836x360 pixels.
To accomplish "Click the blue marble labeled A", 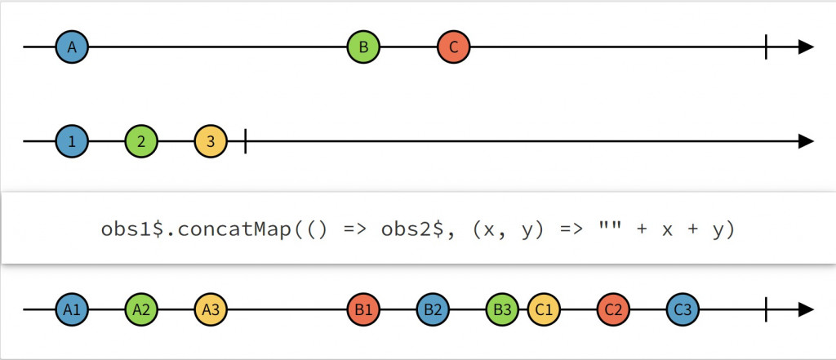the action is coord(72,47).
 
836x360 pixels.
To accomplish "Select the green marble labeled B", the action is coord(363,47).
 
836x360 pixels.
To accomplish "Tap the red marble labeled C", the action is coord(453,47).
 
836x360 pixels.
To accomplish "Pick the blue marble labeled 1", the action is coord(72,141).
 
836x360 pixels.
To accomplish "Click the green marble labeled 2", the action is coord(141,141).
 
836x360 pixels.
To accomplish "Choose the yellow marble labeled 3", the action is coord(211,141).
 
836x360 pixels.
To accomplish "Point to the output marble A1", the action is coord(72,310).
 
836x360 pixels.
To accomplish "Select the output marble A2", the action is coord(141,310).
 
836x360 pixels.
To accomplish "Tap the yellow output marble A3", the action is coord(211,310).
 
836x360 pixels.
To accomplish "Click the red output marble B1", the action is coord(363,310).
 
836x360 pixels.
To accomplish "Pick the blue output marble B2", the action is coord(433,310).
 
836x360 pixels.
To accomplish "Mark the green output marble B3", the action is coord(502,310).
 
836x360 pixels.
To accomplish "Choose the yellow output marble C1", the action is coord(544,310).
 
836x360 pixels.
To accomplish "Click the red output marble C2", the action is coord(613,310).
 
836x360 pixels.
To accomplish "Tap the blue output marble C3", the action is coord(683,310).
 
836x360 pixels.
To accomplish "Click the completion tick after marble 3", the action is coord(245,141).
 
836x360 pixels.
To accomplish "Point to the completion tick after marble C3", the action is coord(766,310).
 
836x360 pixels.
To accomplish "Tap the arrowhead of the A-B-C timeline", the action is coord(807,47).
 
